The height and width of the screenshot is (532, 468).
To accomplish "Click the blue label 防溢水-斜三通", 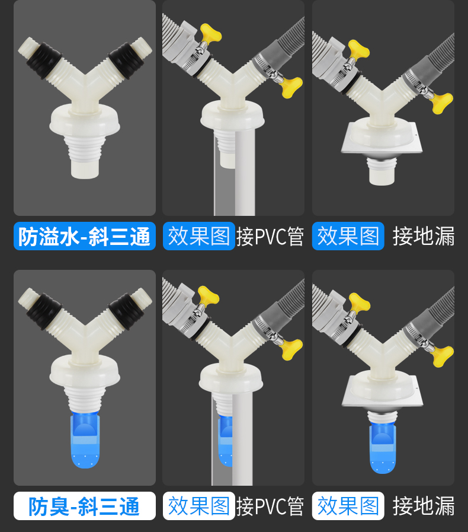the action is [84, 236].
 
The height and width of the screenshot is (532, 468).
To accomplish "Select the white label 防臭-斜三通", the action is [84, 506].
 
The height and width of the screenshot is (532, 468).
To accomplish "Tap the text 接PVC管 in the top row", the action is [270, 237].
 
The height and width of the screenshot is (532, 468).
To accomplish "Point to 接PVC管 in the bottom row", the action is [270, 506].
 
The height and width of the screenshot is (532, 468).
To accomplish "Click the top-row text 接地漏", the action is [424, 236].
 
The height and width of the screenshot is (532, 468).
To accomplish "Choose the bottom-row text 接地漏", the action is [424, 506].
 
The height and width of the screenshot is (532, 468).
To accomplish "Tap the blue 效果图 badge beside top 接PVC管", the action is [199, 236].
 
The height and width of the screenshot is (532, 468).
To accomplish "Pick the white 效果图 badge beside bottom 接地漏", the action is [348, 506].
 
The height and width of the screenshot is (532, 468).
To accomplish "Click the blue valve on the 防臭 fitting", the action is [85, 439].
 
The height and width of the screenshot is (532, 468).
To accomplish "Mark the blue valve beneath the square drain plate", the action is [383, 448].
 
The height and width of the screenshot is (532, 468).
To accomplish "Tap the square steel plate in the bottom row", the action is [382, 391].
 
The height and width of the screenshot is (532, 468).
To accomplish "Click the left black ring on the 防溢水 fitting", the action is [44, 60].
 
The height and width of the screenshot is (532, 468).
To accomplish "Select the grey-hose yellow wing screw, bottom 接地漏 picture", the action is [442, 356].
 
